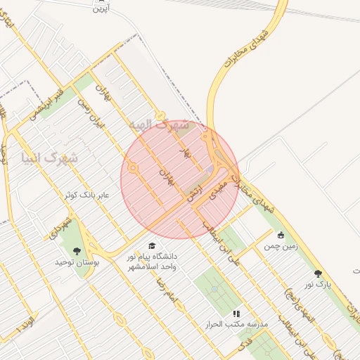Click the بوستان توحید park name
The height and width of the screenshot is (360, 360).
74,262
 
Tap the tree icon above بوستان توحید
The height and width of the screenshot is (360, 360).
76,250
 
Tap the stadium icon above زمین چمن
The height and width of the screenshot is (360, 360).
281,236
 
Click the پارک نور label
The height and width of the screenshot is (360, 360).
317,284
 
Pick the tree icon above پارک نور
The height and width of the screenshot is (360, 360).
318,274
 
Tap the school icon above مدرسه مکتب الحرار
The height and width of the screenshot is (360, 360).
236,313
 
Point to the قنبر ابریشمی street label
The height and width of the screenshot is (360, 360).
51,102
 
